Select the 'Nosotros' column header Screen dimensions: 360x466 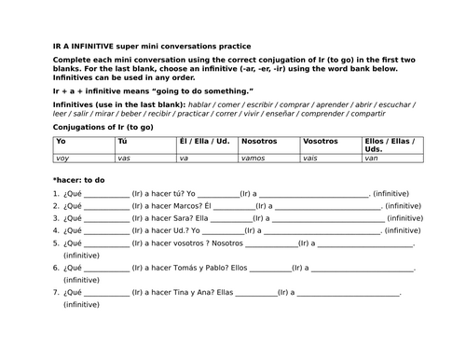[258, 142]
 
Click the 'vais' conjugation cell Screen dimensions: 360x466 [310, 159]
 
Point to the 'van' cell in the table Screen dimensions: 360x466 [372, 159]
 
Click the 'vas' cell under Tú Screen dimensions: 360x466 [123, 159]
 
